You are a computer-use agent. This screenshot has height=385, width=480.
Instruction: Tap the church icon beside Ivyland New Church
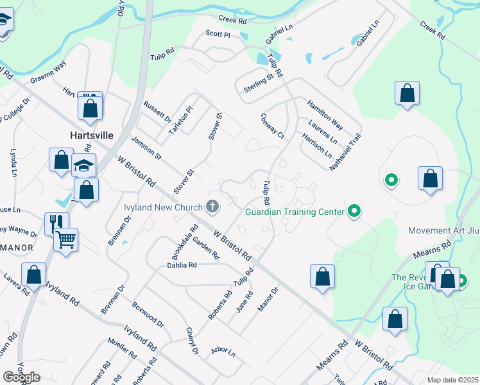coord(213,207)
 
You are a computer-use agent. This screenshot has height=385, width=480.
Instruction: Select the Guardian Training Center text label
coord(295,211)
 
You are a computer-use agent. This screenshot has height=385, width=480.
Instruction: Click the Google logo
coord(21,377)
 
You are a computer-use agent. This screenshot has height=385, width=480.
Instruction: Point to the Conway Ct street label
coord(273,126)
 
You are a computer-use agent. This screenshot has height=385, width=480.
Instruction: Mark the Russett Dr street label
coord(158,112)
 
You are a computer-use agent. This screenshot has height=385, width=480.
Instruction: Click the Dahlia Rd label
coord(182,264)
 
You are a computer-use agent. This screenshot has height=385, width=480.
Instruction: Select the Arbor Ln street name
coord(223,352)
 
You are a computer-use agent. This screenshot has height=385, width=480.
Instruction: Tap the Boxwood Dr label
coord(148,314)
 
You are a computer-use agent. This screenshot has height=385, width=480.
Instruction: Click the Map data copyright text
coord(453,380)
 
